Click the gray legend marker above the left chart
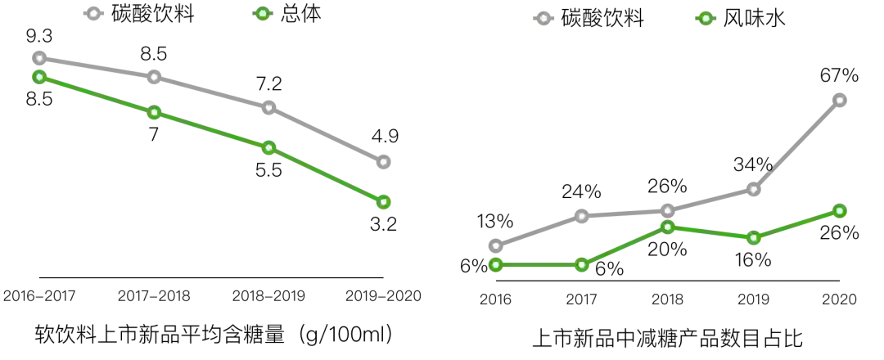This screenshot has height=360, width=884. click(x=92, y=13)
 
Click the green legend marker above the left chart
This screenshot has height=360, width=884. click(x=262, y=13)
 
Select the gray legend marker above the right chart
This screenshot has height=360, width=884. click(x=543, y=18)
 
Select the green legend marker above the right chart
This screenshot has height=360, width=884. click(x=706, y=18)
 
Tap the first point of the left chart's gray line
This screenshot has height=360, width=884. click(x=38, y=58)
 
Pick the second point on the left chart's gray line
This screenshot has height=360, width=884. click(x=154, y=77)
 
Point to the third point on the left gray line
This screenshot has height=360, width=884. click(x=268, y=107)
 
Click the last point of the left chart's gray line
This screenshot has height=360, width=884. click(x=382, y=161)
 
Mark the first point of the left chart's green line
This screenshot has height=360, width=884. click(x=38, y=77)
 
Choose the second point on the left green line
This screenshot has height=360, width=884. click(x=154, y=112)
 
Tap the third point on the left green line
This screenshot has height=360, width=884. click(x=268, y=147)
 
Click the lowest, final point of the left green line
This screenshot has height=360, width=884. click(x=382, y=201)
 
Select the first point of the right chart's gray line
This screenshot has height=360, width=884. click(x=495, y=245)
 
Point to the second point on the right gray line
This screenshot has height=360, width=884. click(x=581, y=216)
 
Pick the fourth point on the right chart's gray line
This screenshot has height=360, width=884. click(x=753, y=189)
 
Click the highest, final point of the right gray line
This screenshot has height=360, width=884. click(x=840, y=101)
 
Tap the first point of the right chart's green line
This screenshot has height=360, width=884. click(x=495, y=265)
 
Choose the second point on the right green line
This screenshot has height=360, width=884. click(x=581, y=264)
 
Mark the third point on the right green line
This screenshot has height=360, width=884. click(x=667, y=227)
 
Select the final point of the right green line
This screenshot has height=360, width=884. click(x=840, y=211)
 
